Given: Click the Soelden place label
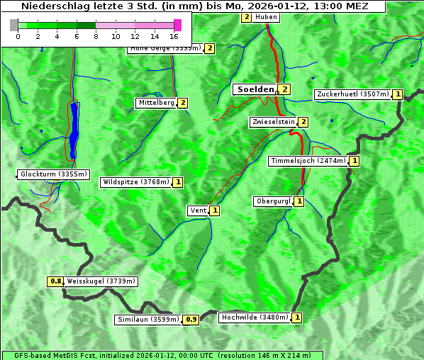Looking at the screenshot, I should click(254, 89).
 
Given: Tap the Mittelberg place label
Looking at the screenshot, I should click(156, 103).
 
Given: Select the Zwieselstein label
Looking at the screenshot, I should click(273, 122).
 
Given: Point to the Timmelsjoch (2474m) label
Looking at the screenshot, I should click(308, 161).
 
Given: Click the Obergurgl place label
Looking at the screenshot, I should click(272, 201).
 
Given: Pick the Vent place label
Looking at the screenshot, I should click(198, 210).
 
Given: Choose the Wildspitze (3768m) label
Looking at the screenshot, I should click(135, 182).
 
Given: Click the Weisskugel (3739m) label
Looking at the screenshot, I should click(101, 281).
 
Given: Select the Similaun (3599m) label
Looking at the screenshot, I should click(147, 320).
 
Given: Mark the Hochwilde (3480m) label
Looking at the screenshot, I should click(254, 317).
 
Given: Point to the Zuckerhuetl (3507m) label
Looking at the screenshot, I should click(352, 94).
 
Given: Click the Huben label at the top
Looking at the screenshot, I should click(266, 17).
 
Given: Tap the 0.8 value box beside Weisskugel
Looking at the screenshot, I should click(56, 281).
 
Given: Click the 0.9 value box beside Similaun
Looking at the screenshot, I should click(191, 320).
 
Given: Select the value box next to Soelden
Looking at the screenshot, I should click(284, 89).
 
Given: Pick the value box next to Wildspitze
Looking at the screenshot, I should click(178, 182).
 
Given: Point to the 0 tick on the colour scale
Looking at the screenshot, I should click(17, 35).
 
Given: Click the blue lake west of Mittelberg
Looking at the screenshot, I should click(74, 131).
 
